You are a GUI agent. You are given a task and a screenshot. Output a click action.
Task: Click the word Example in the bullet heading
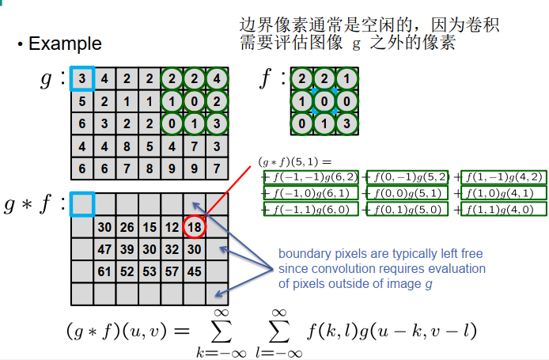point(65,43)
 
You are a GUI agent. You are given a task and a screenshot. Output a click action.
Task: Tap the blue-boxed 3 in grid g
point(81,79)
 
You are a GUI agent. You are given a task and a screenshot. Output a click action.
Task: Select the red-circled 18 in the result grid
point(194,228)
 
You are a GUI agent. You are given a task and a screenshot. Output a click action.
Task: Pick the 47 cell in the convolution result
point(104,250)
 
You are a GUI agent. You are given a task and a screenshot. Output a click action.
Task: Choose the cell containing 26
point(127,228)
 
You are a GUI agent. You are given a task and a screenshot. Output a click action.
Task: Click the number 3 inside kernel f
point(346,124)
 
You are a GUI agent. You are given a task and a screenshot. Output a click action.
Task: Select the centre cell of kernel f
point(324,101)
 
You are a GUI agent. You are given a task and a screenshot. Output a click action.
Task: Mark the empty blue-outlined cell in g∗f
point(81,204)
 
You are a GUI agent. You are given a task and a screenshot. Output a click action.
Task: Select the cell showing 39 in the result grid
point(127,250)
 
